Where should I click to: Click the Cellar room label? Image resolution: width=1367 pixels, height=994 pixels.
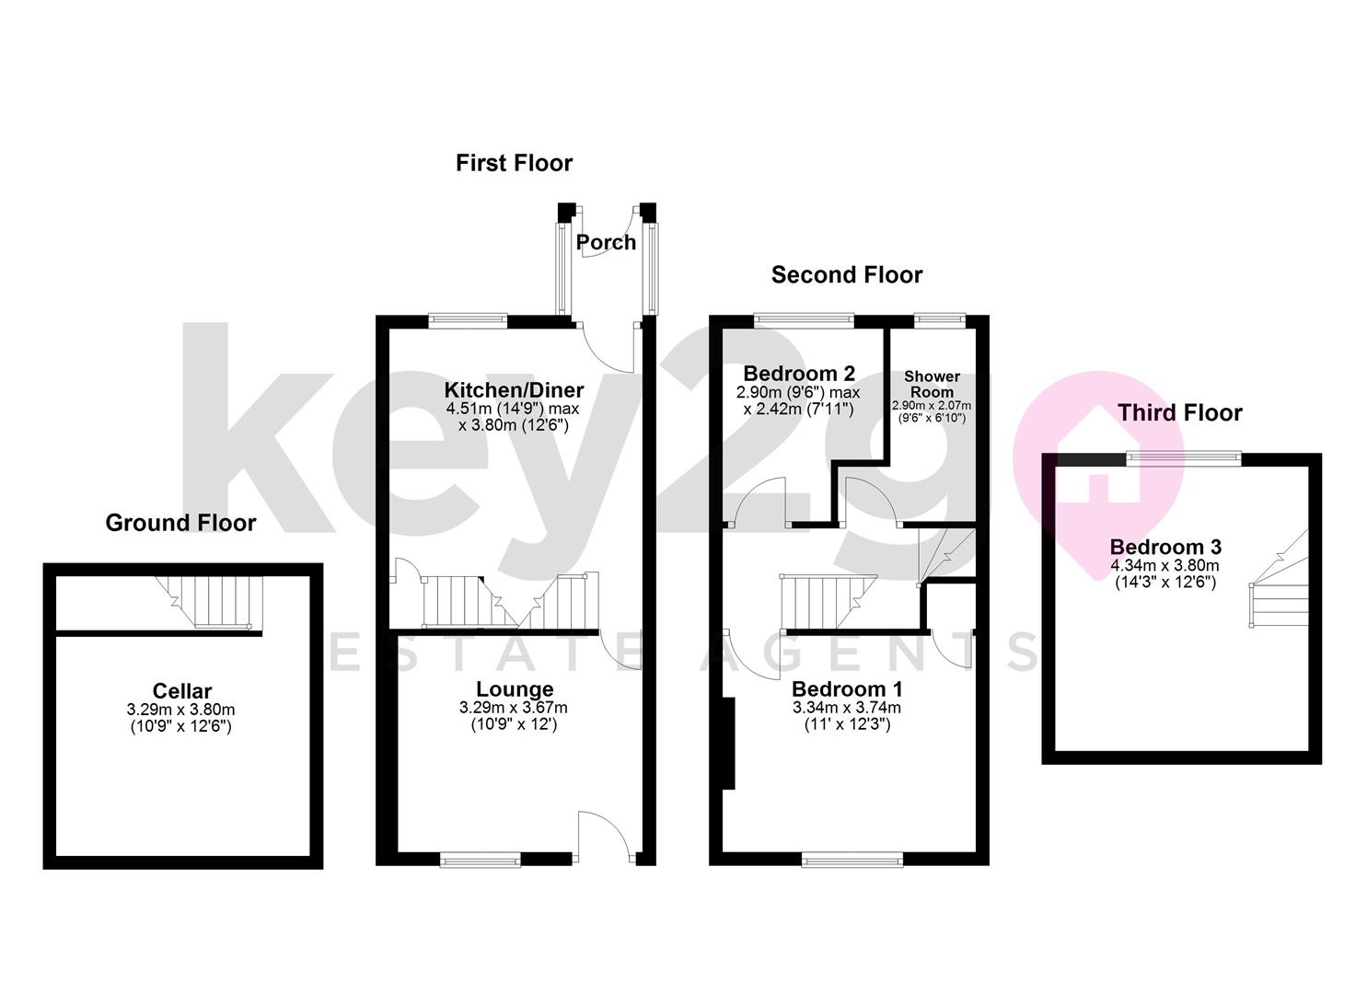coord(182,690)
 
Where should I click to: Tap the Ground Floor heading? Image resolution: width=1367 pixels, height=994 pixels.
coord(180,523)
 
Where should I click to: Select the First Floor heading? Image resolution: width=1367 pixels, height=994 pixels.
coord(514,163)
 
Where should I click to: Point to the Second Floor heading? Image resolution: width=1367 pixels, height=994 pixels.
coord(846,274)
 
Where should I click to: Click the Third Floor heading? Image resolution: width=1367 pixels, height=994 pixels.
coord(1180,412)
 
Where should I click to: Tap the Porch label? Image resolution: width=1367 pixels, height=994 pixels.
coord(606,242)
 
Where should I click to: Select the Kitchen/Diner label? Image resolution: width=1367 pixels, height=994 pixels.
coord(514,389)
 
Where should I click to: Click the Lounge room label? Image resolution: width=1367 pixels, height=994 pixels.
coord(515,688)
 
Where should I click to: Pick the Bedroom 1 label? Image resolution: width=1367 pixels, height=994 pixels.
coord(847,688)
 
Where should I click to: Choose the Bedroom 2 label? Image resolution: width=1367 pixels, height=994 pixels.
coord(799,373)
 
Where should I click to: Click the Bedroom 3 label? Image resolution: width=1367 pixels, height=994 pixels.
coord(1165,547)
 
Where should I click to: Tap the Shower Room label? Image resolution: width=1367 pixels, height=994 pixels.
coord(932,384)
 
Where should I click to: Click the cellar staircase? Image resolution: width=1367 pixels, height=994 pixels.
coord(211,602)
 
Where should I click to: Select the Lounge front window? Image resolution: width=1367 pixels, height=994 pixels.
coord(480,860)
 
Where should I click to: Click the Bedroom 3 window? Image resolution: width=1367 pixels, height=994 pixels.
coord(1186,457)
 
